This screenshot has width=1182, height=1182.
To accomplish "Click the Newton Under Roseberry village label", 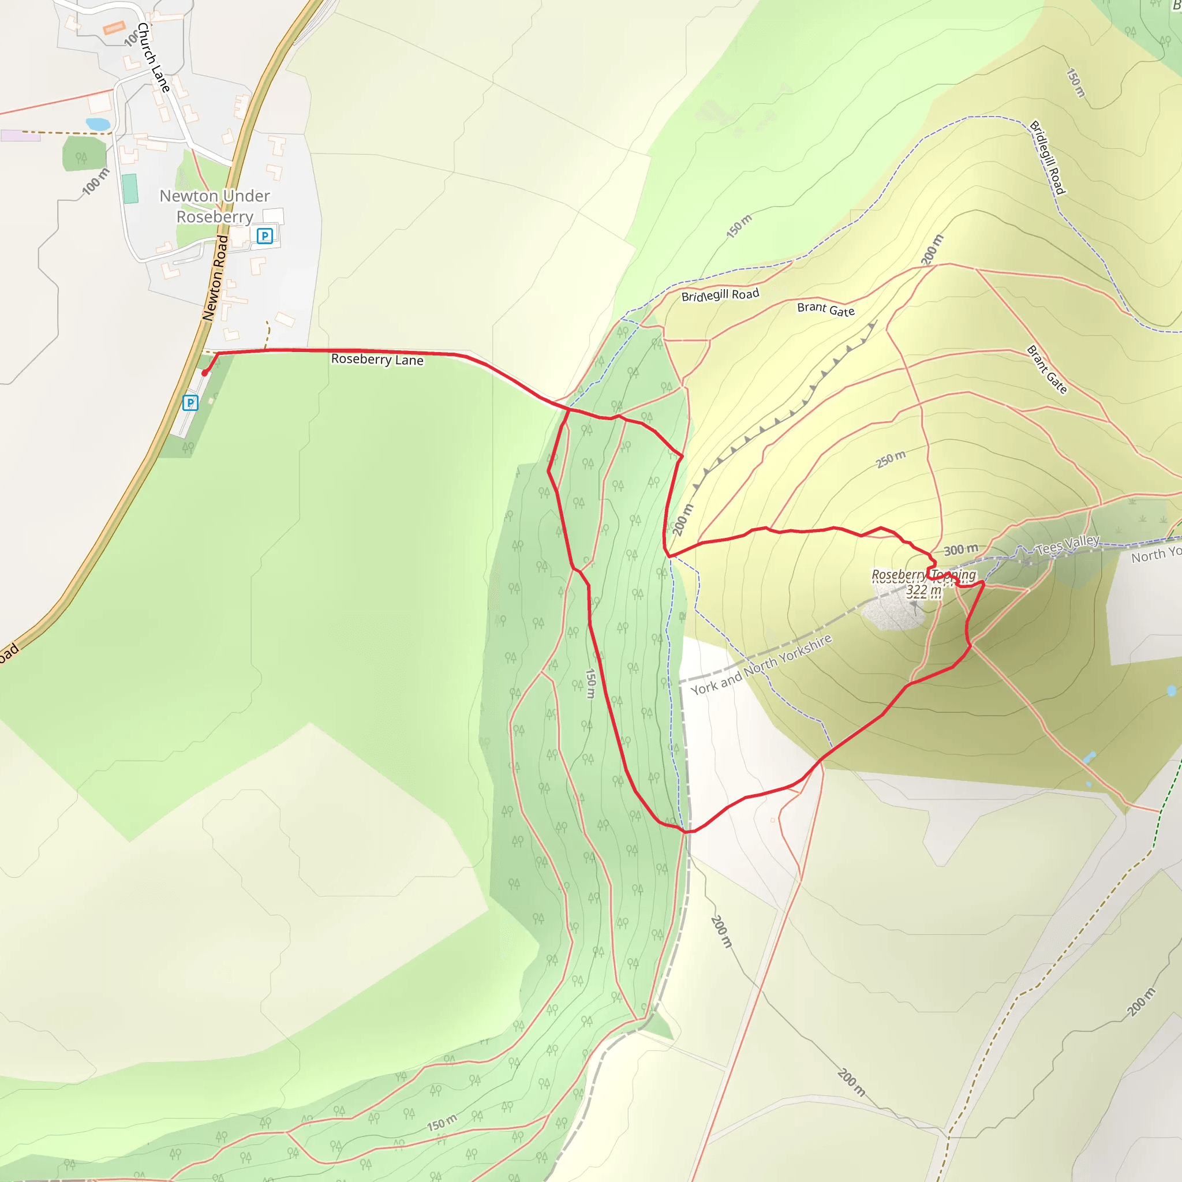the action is pyautogui.click(x=214, y=206).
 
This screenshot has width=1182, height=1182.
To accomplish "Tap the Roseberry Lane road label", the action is pyautogui.click(x=377, y=360).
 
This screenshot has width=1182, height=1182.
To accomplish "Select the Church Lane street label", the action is pyautogui.click(x=153, y=58).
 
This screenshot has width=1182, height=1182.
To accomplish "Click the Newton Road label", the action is pyautogui.click(x=215, y=278).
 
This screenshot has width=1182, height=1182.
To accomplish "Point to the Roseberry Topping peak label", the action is pyautogui.click(x=923, y=575).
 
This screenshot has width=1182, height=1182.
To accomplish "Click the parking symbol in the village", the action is pyautogui.click(x=264, y=235).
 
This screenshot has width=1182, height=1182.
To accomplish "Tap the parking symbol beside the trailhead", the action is pyautogui.click(x=190, y=403).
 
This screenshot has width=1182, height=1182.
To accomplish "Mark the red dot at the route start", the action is pyautogui.click(x=205, y=373).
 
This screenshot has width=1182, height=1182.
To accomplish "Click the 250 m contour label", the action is pyautogui.click(x=890, y=459).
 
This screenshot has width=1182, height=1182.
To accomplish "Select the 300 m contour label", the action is pyautogui.click(x=960, y=549).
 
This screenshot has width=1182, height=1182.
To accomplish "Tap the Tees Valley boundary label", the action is pyautogui.click(x=1067, y=543).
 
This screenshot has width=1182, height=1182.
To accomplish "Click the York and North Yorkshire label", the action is pyautogui.click(x=761, y=664).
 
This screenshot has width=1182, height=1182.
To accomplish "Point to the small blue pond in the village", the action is pyautogui.click(x=98, y=124).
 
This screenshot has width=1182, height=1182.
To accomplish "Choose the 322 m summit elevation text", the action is pyautogui.click(x=923, y=590).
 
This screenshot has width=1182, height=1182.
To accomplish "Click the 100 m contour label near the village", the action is pyautogui.click(x=95, y=182).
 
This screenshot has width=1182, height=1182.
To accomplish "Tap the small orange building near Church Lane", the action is pyautogui.click(x=114, y=28).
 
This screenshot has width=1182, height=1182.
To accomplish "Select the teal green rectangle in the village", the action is pyautogui.click(x=130, y=188).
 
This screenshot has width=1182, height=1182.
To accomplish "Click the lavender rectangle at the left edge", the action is pyautogui.click(x=20, y=136).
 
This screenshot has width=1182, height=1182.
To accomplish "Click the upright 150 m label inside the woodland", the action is pyautogui.click(x=590, y=683).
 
